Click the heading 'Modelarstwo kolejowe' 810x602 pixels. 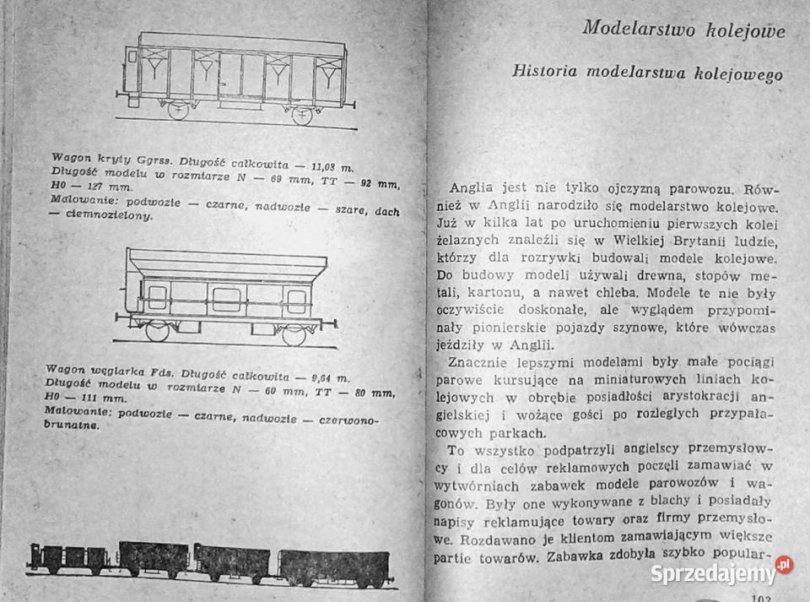683,31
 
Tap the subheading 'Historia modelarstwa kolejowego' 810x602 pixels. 647,73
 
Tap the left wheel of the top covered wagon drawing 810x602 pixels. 178,111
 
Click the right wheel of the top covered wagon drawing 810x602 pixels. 301,115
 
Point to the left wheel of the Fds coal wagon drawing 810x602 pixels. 158,330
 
